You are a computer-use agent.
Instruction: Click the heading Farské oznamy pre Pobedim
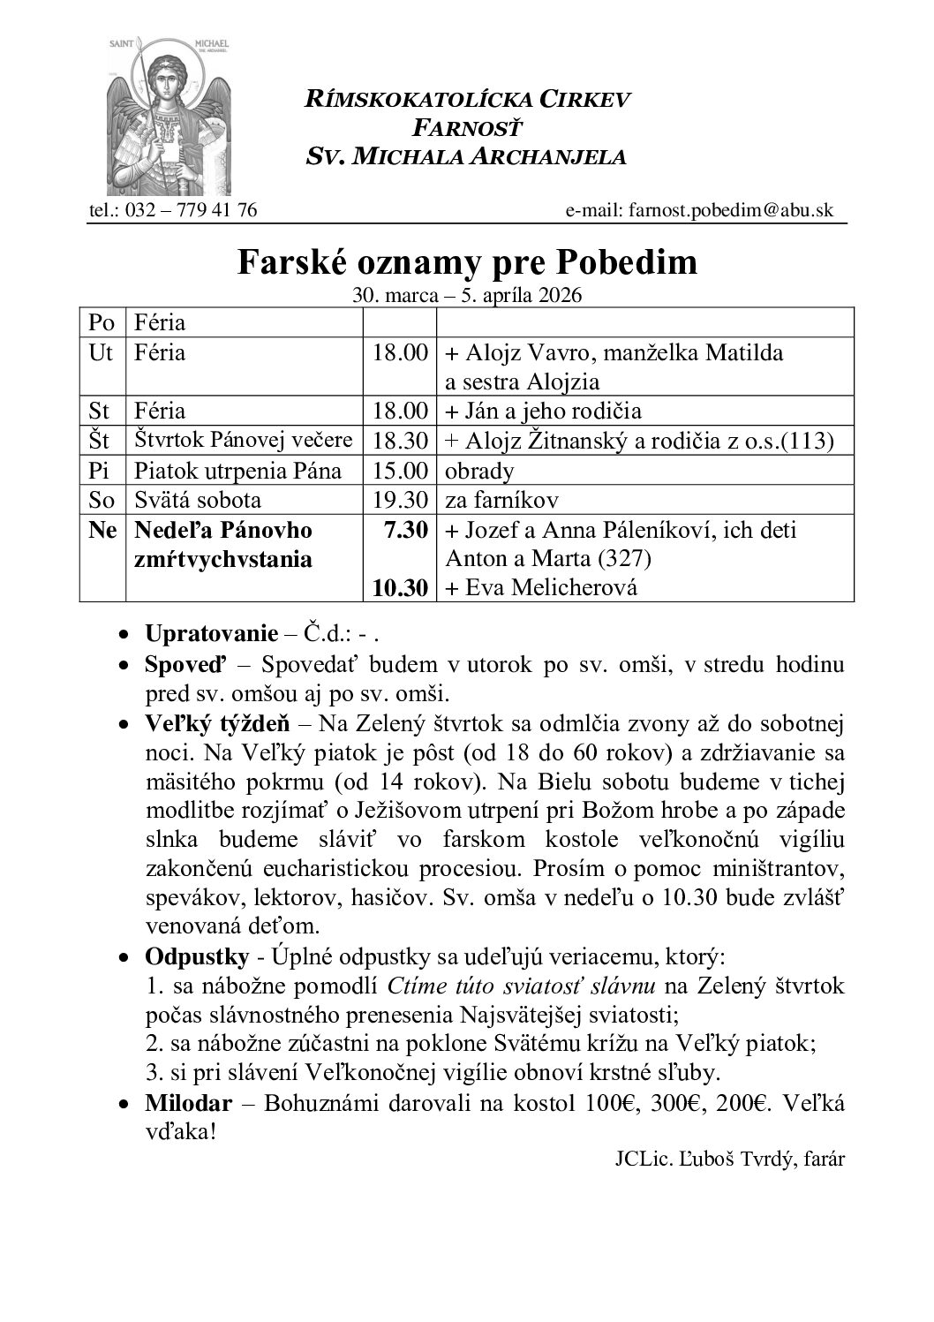click(466, 262)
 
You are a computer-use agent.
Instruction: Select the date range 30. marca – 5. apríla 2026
click(466, 295)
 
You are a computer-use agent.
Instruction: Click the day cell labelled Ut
click(102, 352)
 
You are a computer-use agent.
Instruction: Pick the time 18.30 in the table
click(400, 441)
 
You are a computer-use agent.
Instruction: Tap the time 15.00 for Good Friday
click(400, 471)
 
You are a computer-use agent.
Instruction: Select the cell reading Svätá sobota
click(198, 500)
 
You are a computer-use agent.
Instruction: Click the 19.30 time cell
click(400, 500)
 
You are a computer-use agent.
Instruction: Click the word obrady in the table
click(479, 471)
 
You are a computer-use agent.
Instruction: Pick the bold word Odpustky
click(189, 957)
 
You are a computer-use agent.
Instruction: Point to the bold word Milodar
click(189, 1103)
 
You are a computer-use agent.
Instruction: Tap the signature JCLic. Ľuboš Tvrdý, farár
click(730, 1160)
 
